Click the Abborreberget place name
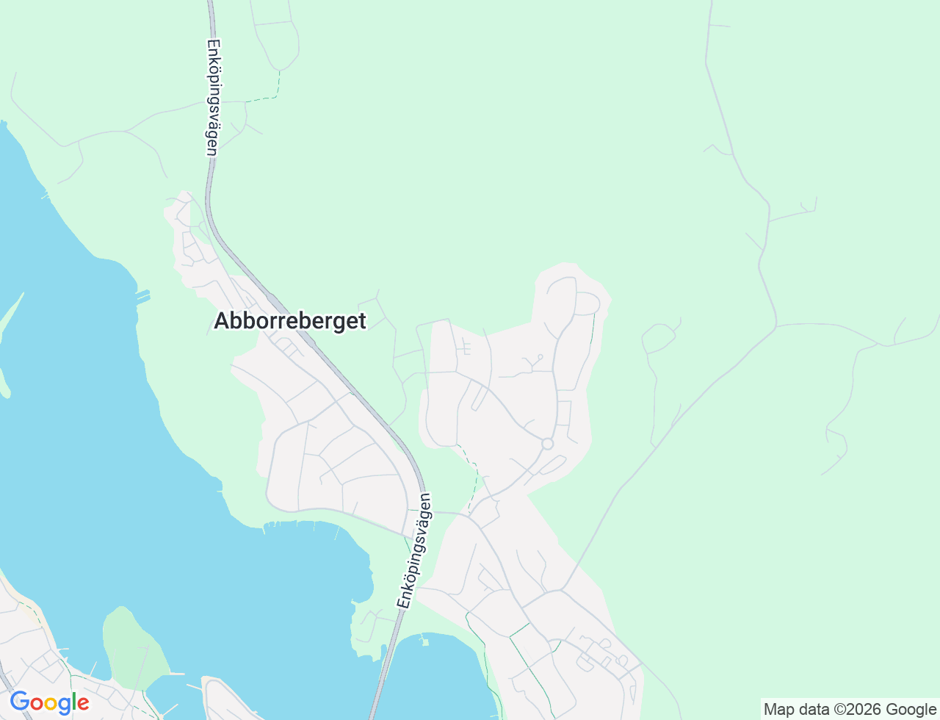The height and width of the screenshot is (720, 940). point(290,321)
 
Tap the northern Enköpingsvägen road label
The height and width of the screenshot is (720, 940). point(213,97)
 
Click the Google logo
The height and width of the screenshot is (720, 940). point(49,702)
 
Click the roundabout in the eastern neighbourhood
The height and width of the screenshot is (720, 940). point(547,444)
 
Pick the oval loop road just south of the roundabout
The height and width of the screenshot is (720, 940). point(552,465)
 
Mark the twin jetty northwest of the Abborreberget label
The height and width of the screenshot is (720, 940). point(142,297)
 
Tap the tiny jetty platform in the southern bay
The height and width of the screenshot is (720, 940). point(424,642)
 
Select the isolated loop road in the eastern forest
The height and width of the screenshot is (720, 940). point(659,338)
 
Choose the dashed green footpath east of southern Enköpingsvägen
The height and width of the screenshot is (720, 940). point(474,478)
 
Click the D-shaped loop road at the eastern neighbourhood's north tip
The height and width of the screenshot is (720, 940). point(587,303)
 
